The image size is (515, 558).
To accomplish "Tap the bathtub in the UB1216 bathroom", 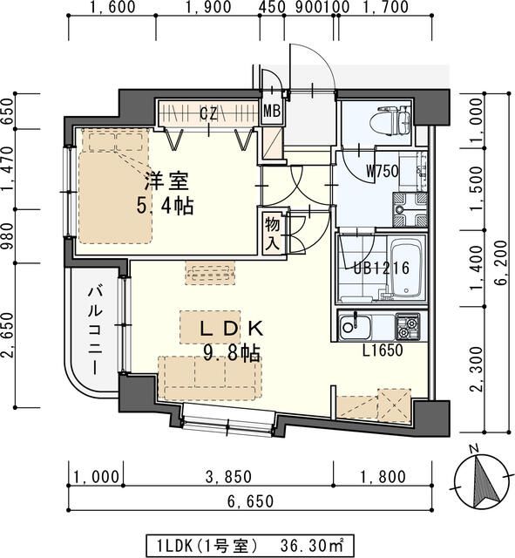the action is pyautogui.click(x=408, y=269).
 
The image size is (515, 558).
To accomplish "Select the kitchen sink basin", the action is pyautogui.click(x=355, y=326).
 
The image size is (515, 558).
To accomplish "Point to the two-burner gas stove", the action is pyautogui.click(x=408, y=327).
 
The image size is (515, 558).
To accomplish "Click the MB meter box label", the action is pyautogui.click(x=272, y=112).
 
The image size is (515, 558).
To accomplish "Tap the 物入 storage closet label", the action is pyautogui.click(x=273, y=234).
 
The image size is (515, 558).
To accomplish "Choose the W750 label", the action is pyautogui.click(x=383, y=172).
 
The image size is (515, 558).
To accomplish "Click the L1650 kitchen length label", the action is pyautogui.click(x=383, y=350).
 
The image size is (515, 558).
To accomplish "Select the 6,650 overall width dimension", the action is pyautogui.click(x=250, y=501).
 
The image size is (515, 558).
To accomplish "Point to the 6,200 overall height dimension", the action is pyautogui.click(x=501, y=263).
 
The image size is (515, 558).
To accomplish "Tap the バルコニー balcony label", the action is pyautogui.click(x=95, y=330).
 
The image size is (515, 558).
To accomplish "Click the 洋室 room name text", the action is pyautogui.click(x=166, y=180).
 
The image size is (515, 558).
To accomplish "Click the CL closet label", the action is pyautogui.click(x=208, y=113).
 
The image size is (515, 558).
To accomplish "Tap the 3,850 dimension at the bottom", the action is pyautogui.click(x=228, y=477).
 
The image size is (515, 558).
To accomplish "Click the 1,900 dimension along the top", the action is pyautogui.click(x=208, y=7).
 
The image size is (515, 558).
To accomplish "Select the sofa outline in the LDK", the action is pyautogui.click(x=210, y=378).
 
